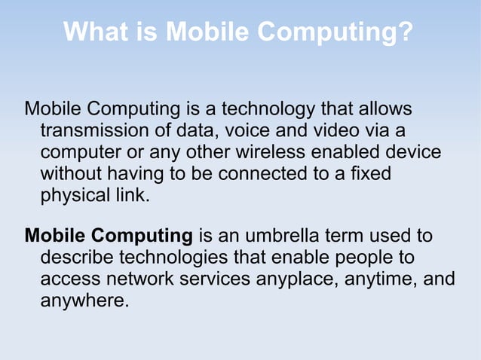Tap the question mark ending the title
pos(406,32)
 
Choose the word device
pos(413,153)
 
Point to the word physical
pos(71,197)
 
